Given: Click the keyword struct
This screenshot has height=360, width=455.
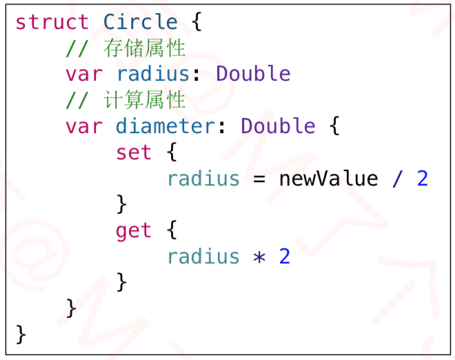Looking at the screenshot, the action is [x=52, y=22].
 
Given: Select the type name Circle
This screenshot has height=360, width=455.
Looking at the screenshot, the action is [x=141, y=22].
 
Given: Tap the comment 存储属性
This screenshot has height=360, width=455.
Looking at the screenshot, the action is [x=145, y=48].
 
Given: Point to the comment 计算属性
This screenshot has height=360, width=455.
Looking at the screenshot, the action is [x=145, y=100].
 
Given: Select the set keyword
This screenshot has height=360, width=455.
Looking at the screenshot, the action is [x=134, y=152].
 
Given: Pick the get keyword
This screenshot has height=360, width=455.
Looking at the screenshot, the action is [x=134, y=230].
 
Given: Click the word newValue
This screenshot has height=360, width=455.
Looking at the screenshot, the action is [x=329, y=179].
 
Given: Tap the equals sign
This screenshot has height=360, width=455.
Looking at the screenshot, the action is [x=259, y=179].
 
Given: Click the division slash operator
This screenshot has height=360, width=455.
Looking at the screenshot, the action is [x=397, y=179].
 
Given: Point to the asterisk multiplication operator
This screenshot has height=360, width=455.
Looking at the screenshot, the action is [x=259, y=257].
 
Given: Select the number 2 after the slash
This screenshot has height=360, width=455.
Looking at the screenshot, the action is [x=423, y=179].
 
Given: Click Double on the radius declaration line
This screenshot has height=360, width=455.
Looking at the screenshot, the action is [x=253, y=74].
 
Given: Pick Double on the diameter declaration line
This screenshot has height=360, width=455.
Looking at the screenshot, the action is [x=279, y=126].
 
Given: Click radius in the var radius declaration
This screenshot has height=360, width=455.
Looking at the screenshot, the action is [x=153, y=74].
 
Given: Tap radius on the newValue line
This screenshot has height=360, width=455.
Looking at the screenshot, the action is [x=203, y=179].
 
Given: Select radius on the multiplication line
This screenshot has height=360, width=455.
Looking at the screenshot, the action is [x=203, y=257].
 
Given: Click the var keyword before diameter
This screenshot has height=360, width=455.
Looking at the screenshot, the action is [x=83, y=126].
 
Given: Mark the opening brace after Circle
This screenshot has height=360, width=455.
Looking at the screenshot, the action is [x=196, y=22].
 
